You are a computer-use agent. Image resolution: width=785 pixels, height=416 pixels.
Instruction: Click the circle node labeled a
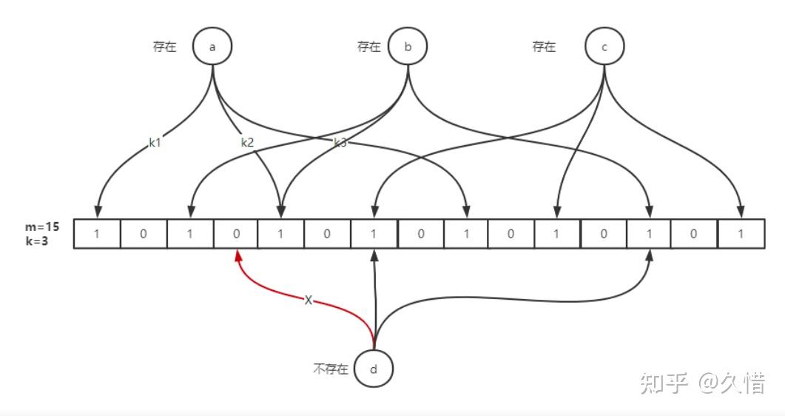pos(212,47)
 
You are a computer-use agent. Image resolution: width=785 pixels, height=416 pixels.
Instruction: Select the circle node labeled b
pos(408,47)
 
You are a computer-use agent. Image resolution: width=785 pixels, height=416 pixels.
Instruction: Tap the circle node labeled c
pos(604,47)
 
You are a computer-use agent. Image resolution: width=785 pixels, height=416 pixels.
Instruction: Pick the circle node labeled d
pos(373,368)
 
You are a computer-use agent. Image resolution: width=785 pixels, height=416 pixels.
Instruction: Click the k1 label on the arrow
pos(155,143)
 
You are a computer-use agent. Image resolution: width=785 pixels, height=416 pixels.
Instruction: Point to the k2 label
pos(247,143)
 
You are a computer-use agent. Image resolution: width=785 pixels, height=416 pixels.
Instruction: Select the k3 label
pos(340,143)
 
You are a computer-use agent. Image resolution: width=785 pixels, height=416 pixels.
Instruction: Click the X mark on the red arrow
pos(309,301)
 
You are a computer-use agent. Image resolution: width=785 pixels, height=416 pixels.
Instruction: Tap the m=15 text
pos(41,227)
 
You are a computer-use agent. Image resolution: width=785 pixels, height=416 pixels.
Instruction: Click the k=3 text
pos(37,241)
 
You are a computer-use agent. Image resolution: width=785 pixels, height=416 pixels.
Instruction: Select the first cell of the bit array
pos(97,234)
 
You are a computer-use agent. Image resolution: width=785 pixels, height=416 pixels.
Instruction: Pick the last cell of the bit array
pos(741,234)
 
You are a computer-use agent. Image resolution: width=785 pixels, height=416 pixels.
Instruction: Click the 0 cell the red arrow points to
pos(236,234)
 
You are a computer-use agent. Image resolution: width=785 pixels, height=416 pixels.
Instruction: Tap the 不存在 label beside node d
pos(330,369)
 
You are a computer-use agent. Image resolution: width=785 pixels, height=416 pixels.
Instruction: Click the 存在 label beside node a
pos(164,47)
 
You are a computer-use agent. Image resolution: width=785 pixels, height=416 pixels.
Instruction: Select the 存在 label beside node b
pos(368,47)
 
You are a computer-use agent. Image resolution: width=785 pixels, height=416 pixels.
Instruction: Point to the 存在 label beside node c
pos(544,47)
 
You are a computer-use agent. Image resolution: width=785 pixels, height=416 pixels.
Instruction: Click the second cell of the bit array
pos(144,234)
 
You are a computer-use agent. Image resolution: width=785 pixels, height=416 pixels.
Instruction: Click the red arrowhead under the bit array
pos(237,255)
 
